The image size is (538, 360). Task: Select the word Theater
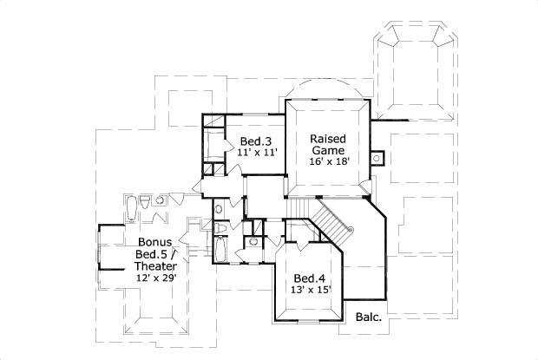click(x=154, y=266)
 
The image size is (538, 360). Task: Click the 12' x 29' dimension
click(x=154, y=278)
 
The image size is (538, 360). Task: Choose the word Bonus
click(x=154, y=242)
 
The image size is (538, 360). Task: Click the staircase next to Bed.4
click(x=332, y=218)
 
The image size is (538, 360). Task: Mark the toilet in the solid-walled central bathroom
click(x=221, y=228)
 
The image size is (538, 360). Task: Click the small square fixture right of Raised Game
click(x=377, y=158)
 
